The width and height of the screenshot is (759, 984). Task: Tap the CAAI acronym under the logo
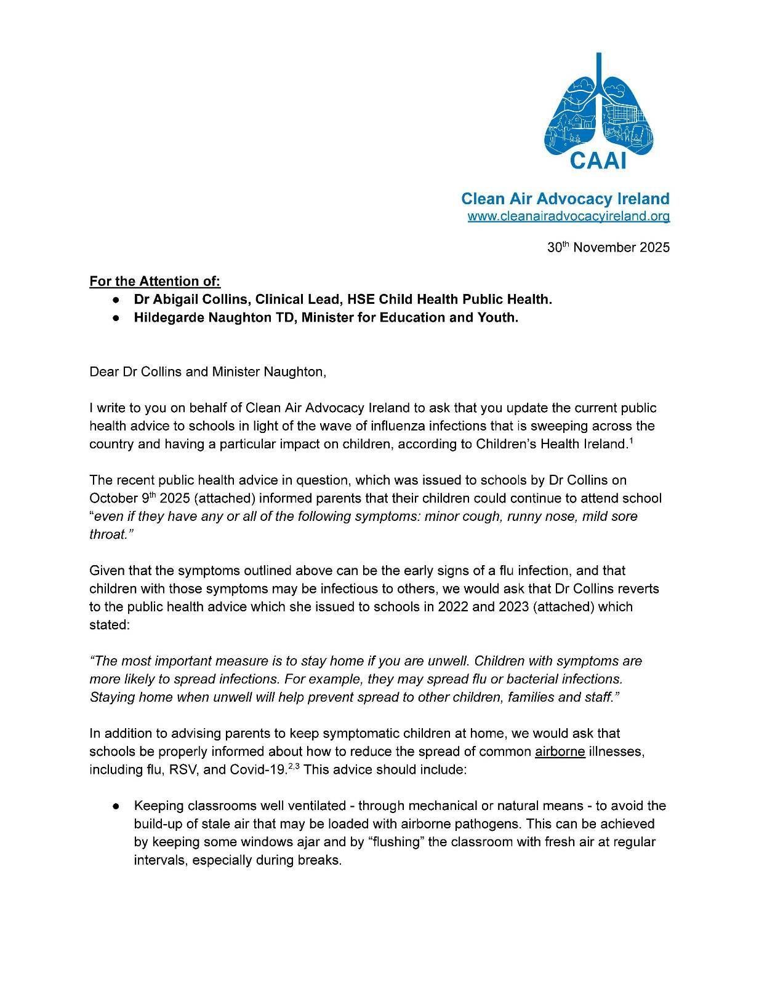pyautogui.click(x=598, y=161)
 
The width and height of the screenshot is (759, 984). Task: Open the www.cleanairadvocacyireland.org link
pyautogui.click(x=568, y=216)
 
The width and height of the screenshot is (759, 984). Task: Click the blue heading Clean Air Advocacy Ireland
pyautogui.click(x=565, y=199)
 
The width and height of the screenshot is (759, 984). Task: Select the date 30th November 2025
pyautogui.click(x=608, y=247)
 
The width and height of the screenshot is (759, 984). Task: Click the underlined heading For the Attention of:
pyautogui.click(x=155, y=281)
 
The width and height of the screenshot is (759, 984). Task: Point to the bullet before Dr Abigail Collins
pyautogui.click(x=116, y=300)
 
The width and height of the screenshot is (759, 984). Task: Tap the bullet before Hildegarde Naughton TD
pyautogui.click(x=116, y=318)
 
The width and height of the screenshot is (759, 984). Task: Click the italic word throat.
pyautogui.click(x=108, y=534)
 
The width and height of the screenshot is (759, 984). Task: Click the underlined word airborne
pyautogui.click(x=560, y=752)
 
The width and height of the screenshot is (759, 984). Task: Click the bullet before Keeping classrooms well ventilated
pyautogui.click(x=116, y=806)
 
